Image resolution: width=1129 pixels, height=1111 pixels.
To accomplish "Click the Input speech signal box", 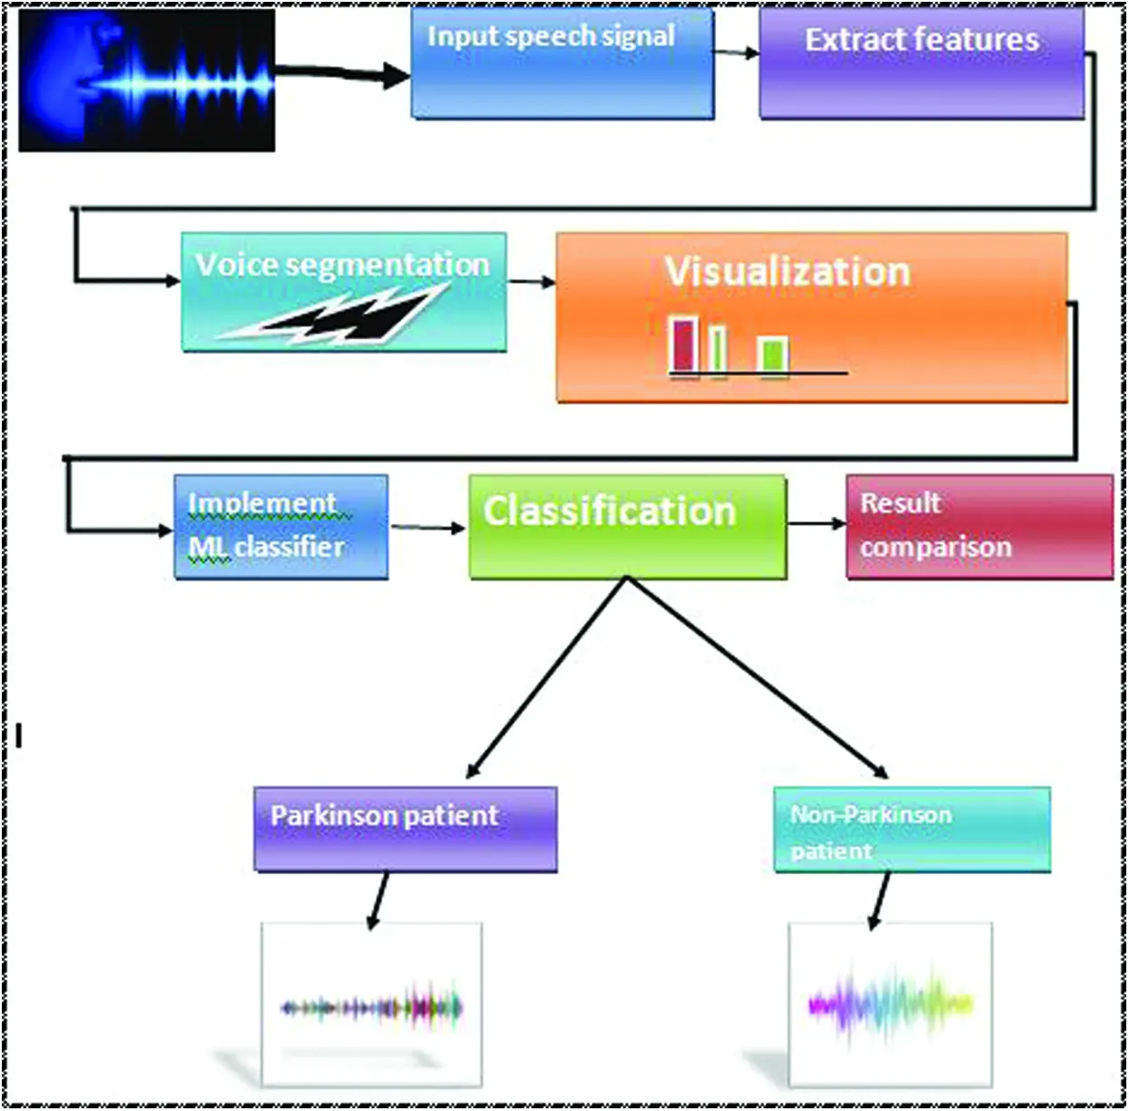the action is click(x=563, y=63).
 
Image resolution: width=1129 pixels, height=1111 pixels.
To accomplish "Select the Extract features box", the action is click(x=921, y=63).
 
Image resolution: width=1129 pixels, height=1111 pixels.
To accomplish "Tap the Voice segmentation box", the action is click(x=344, y=292).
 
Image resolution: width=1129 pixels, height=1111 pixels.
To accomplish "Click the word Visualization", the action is click(x=788, y=271).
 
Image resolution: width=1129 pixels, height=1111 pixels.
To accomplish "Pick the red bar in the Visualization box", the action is click(x=683, y=346).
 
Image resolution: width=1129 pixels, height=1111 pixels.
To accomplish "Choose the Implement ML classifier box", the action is click(x=281, y=527).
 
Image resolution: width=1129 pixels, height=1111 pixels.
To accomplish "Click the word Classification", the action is click(x=610, y=511).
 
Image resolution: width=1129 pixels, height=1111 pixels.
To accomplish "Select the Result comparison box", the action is click(x=980, y=527).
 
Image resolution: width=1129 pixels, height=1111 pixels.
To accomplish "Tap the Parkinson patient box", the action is click(x=406, y=829).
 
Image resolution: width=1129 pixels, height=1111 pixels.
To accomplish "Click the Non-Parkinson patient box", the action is click(x=912, y=830).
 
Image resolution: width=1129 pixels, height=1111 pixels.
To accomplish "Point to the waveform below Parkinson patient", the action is click(x=372, y=1008).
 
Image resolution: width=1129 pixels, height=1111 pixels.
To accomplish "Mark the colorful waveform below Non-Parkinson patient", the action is click(x=891, y=1005).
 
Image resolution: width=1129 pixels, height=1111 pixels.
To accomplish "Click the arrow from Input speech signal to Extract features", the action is click(x=736, y=52).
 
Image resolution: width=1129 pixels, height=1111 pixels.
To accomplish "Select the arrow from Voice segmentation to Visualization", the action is click(x=531, y=282).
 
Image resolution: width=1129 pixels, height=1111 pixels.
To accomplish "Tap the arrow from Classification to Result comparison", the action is click(x=816, y=523).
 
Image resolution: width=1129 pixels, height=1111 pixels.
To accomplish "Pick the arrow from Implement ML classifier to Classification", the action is click(x=428, y=527).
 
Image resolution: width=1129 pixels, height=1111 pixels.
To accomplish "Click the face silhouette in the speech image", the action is click(x=64, y=80).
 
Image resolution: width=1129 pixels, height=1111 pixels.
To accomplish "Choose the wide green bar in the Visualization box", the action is click(x=771, y=354).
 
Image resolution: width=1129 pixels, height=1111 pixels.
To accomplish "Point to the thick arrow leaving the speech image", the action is click(x=342, y=74).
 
